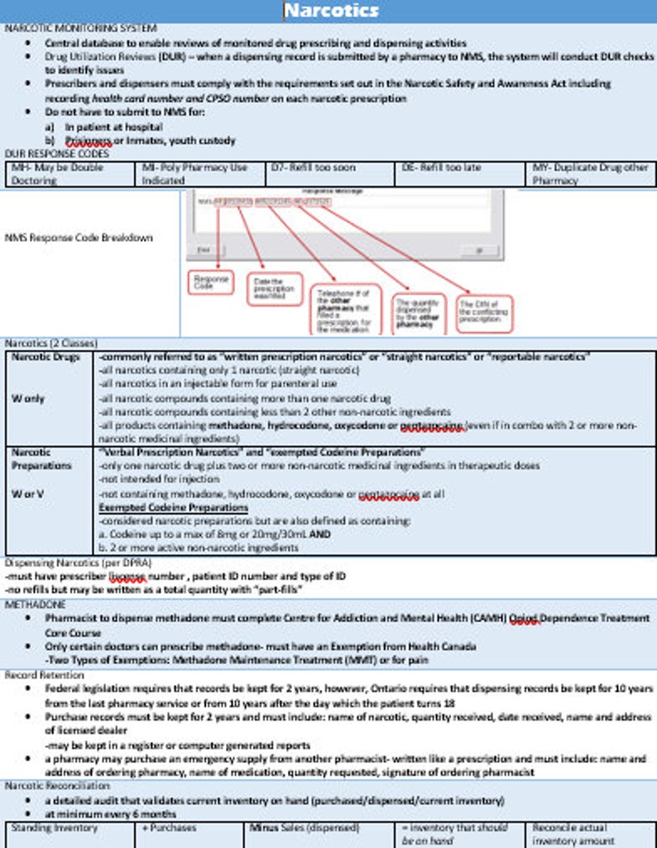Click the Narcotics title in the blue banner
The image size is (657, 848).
(x=331, y=11)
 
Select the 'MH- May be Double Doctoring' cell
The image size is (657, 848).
(x=69, y=173)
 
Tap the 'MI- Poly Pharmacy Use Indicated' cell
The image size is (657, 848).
(x=199, y=173)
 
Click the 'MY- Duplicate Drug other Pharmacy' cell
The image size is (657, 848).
(x=591, y=173)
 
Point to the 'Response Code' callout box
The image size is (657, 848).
(x=211, y=283)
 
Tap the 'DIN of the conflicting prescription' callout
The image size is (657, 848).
(x=484, y=314)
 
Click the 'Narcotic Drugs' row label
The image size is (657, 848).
(x=46, y=357)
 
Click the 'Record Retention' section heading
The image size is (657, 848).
(x=44, y=674)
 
